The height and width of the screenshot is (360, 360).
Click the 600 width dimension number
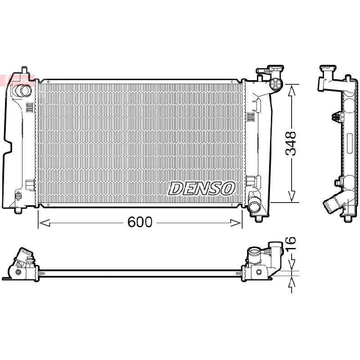(x=140, y=222)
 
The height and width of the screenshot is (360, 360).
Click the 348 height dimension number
(x=290, y=144)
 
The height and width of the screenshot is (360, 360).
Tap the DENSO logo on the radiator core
(x=202, y=189)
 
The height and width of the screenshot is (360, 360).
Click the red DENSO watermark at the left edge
(x=17, y=80)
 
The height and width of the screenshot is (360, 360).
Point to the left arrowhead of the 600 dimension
(x=44, y=222)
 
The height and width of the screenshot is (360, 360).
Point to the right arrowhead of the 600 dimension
(x=236, y=222)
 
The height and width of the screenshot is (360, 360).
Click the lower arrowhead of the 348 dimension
(x=292, y=196)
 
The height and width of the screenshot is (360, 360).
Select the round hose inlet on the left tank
(x=22, y=90)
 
